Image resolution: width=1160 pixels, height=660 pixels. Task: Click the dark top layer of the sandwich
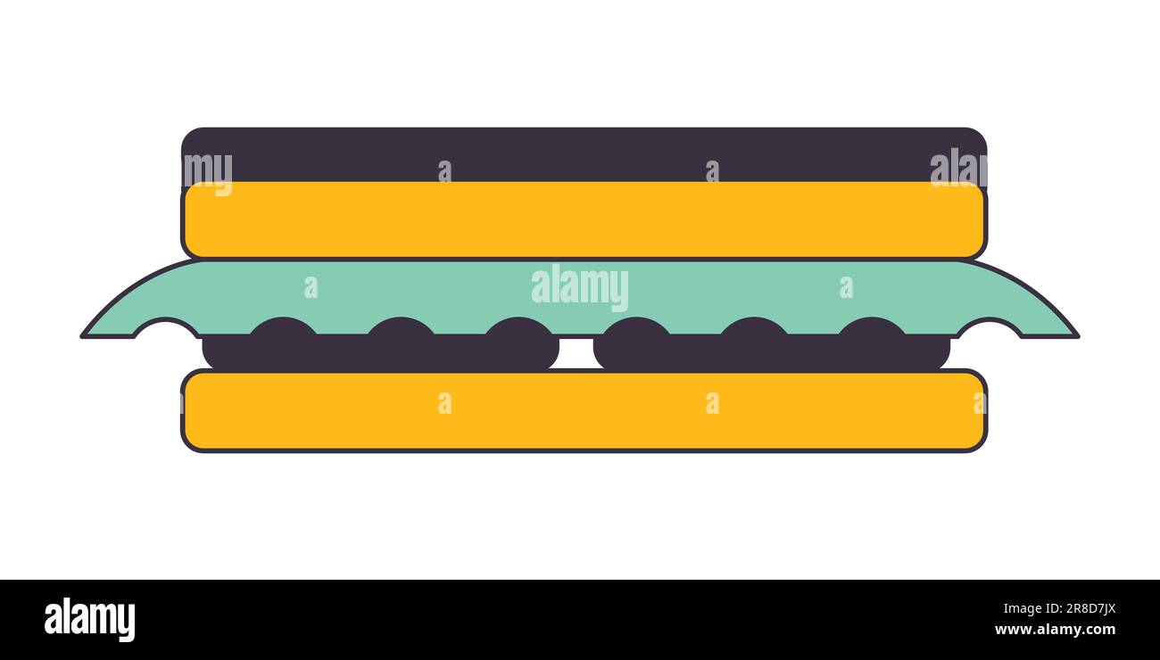coord(584,153)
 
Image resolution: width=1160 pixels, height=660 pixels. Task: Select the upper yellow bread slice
coord(584,219)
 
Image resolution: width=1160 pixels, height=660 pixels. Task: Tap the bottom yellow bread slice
coord(584,410)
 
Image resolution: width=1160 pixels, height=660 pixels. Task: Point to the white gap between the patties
coord(576,353)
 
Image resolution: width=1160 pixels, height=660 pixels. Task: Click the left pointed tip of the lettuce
coord(82,336)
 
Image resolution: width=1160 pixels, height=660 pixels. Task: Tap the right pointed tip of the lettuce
coord(1079,336)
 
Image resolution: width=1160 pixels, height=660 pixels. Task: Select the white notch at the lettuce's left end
coord(167,329)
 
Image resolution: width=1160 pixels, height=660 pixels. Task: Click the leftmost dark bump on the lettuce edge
coord(283,326)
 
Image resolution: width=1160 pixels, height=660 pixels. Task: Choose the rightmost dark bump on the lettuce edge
coord(872,326)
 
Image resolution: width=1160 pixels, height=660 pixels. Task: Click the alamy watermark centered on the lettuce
coord(580,287)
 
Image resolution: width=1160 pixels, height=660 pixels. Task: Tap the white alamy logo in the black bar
coord(89,619)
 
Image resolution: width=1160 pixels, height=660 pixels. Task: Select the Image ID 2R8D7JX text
coord(1059,608)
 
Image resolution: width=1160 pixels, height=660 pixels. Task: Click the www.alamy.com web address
coord(1055,630)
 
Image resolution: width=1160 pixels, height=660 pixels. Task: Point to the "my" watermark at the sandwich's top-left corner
coord(208,173)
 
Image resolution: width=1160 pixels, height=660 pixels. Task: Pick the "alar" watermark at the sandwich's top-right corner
coord(958,168)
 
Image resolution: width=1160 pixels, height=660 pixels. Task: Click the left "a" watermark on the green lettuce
coord(311,287)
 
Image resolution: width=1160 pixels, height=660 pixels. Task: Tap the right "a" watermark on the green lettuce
coord(846,287)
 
